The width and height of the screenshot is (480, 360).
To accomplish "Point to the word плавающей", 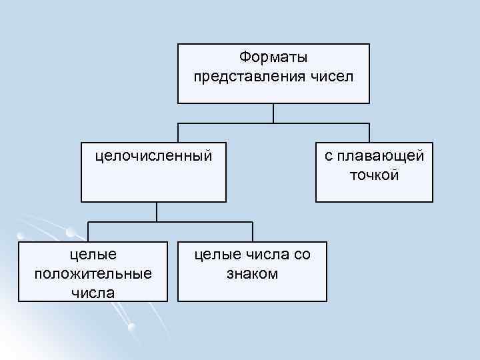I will (x=381, y=157).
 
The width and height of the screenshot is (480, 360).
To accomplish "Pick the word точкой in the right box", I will (x=373, y=175).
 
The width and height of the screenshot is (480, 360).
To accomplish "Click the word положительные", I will (x=92, y=273).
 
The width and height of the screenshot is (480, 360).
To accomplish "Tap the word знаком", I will (x=252, y=273).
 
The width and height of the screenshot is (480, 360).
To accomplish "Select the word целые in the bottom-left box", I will (x=93, y=255).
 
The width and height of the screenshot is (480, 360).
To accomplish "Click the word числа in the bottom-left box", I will (x=93, y=292).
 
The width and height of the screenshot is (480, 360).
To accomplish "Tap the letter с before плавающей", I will (x=328, y=157).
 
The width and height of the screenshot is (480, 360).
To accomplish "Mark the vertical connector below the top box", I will (x=273, y=113).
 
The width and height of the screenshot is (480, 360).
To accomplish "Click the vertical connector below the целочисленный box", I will (x=157, y=211).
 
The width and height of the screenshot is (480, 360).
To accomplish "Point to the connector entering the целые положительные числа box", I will (x=89, y=232).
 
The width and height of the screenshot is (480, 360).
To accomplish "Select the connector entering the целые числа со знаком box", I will (x=253, y=232).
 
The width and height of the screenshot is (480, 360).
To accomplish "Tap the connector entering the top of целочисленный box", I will (x=178, y=133).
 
